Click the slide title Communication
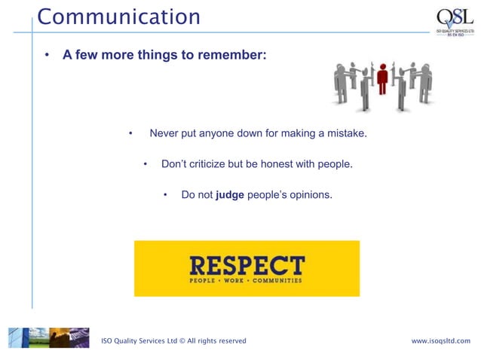point(119,17)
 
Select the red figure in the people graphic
point(382,79)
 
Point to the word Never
point(164,134)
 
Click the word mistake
point(345,134)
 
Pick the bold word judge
point(230,195)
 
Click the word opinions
point(308,195)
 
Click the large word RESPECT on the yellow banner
point(247,265)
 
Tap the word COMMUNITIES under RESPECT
point(277,280)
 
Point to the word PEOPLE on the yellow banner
point(205,280)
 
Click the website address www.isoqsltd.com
point(440,341)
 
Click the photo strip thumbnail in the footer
point(48,337)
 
